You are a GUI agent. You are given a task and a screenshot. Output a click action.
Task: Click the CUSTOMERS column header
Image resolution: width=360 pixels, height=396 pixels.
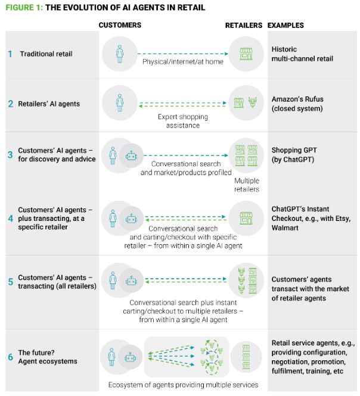tap(120, 25)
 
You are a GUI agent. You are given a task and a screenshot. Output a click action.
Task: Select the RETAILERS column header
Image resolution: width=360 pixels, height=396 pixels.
tap(243, 25)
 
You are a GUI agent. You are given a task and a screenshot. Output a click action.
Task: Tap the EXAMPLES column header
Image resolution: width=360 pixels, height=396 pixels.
tap(285, 25)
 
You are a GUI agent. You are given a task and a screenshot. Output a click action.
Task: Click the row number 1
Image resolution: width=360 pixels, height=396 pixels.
tap(10, 54)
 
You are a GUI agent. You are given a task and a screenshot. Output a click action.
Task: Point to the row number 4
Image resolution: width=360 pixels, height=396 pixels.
tap(10, 219)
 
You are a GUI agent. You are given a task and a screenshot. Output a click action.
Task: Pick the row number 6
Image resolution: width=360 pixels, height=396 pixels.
tap(10, 357)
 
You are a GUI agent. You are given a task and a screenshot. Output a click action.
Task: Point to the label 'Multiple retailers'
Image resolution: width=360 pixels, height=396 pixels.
tap(247, 185)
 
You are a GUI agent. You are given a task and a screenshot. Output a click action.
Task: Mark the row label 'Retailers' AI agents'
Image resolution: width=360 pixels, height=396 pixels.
tap(52, 104)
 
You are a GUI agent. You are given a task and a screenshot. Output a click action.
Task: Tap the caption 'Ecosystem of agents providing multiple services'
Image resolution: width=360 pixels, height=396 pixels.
tap(183, 385)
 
